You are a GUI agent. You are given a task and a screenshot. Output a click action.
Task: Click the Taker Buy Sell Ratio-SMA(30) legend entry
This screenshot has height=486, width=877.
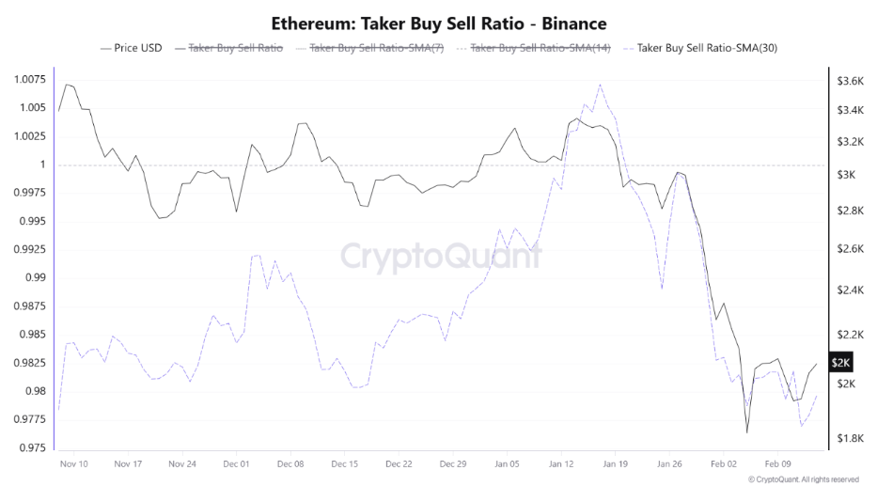pos(708,47)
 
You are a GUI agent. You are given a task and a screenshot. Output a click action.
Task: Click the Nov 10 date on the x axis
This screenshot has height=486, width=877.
pos(74,463)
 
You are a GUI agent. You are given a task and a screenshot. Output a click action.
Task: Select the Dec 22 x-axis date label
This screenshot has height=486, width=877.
pos(399,463)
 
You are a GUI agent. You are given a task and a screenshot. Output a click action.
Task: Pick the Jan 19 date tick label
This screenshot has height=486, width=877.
pos(616,463)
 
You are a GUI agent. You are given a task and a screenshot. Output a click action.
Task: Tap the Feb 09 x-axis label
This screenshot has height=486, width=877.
pos(778,463)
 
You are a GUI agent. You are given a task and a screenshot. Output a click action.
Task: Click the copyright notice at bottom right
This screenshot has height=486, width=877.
pos(803,479)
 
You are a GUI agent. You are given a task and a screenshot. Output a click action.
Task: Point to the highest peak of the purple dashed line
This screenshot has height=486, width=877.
pos(600,85)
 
